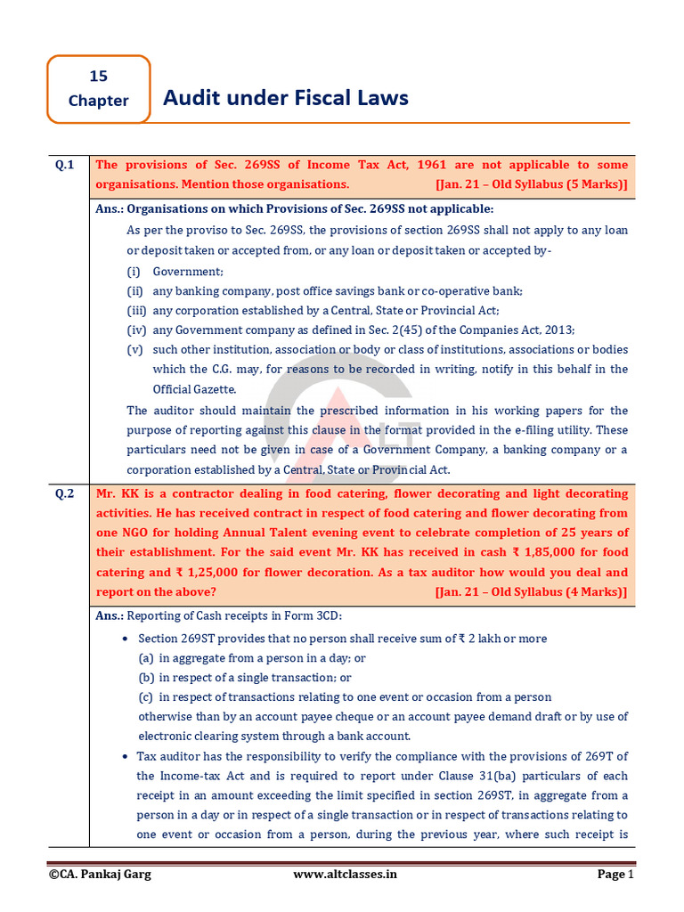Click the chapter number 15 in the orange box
pyautogui.click(x=98, y=77)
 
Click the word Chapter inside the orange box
pyautogui.click(x=98, y=101)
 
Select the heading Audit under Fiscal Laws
pyautogui.click(x=285, y=97)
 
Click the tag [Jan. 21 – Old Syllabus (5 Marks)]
pyautogui.click(x=532, y=184)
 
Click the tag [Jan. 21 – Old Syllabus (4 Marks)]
pyautogui.click(x=532, y=592)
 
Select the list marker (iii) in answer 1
pyautogui.click(x=135, y=311)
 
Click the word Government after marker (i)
pyautogui.click(x=187, y=272)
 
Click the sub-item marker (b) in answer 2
pyautogui.click(x=145, y=678)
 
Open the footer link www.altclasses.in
pyautogui.click(x=346, y=875)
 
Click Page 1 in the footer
pyautogui.click(x=615, y=875)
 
